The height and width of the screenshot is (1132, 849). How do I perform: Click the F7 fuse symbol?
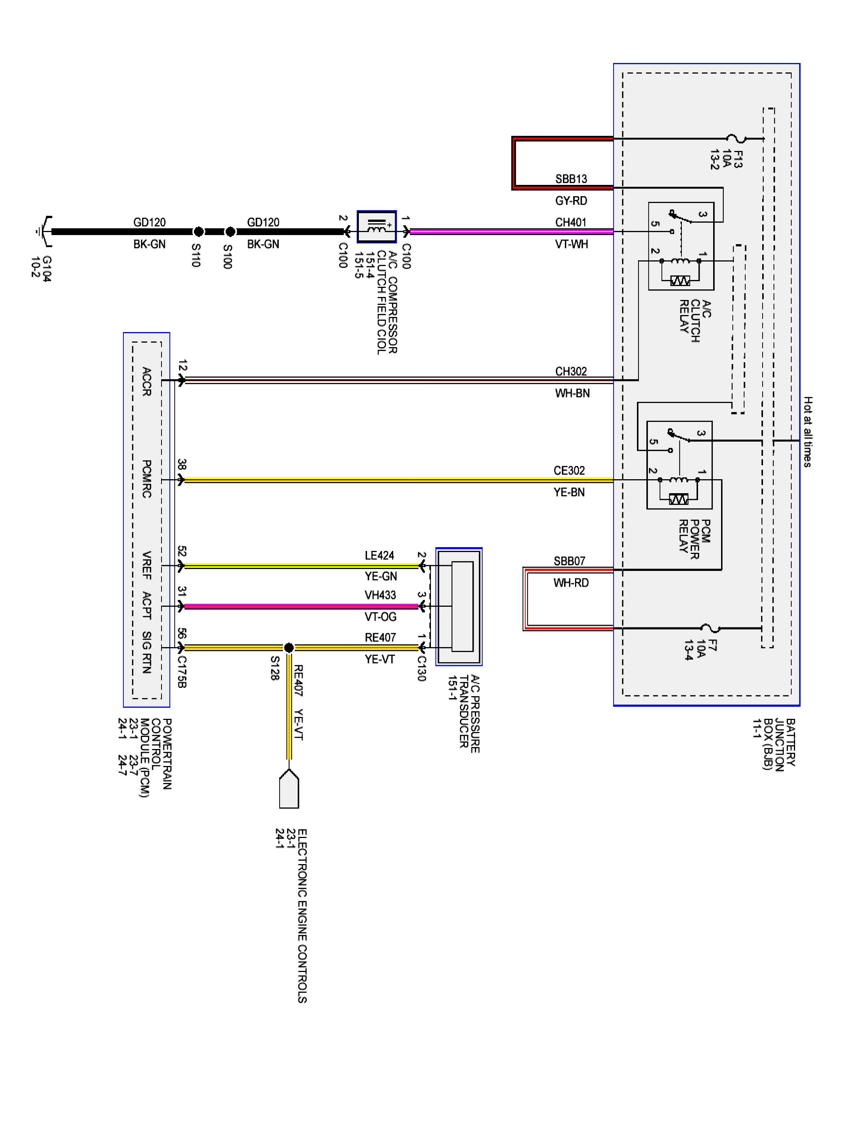710,628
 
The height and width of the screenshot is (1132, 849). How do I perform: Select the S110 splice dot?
198,232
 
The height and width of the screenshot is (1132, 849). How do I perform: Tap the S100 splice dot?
230,232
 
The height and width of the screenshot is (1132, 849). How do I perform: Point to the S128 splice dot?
289,648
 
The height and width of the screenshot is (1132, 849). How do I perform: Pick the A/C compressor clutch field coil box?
377,227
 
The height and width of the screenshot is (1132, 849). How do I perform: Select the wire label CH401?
571,223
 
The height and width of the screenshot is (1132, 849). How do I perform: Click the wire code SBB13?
571,179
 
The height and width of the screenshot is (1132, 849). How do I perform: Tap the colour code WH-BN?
572,394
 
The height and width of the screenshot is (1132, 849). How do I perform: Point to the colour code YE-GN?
381,576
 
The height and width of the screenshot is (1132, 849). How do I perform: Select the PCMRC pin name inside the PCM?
146,479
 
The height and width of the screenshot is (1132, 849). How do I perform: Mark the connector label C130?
421,668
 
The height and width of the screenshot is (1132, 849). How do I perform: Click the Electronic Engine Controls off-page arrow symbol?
289,789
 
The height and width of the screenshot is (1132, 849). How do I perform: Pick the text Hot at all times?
807,431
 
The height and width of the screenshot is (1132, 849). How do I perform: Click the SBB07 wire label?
569,561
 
